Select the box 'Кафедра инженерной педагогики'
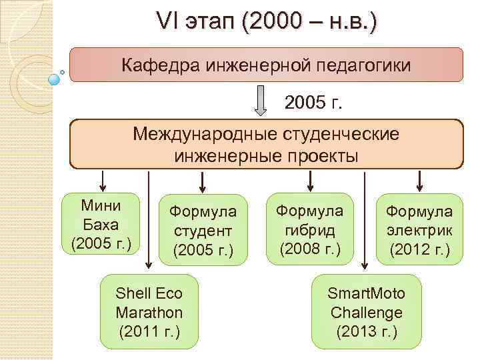click(266, 65)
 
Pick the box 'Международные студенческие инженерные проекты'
click(266, 144)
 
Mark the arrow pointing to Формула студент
click(201, 181)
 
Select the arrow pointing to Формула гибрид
click(311, 181)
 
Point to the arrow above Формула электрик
click(419, 181)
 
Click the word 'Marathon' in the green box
click(149, 312)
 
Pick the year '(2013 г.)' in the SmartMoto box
click(367, 331)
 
